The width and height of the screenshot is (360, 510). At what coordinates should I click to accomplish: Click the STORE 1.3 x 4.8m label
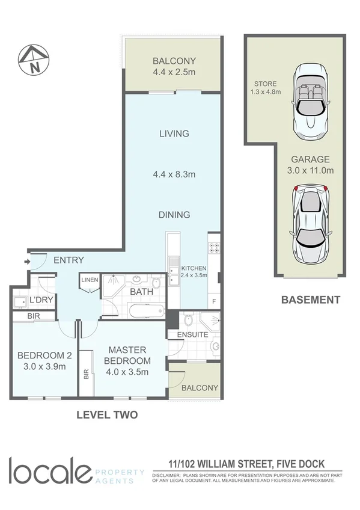265,88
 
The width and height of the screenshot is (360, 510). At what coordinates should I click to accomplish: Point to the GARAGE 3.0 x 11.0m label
310,165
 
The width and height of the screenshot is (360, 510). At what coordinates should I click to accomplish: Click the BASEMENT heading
310,300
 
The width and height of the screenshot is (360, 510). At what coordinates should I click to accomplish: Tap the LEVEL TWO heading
108,415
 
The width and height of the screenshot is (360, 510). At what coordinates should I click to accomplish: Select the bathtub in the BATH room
145,312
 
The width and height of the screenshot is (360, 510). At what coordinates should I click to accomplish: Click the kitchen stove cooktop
214,247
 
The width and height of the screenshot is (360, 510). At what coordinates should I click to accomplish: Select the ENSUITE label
192,334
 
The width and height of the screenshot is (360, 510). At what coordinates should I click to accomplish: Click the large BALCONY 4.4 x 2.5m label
174,66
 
